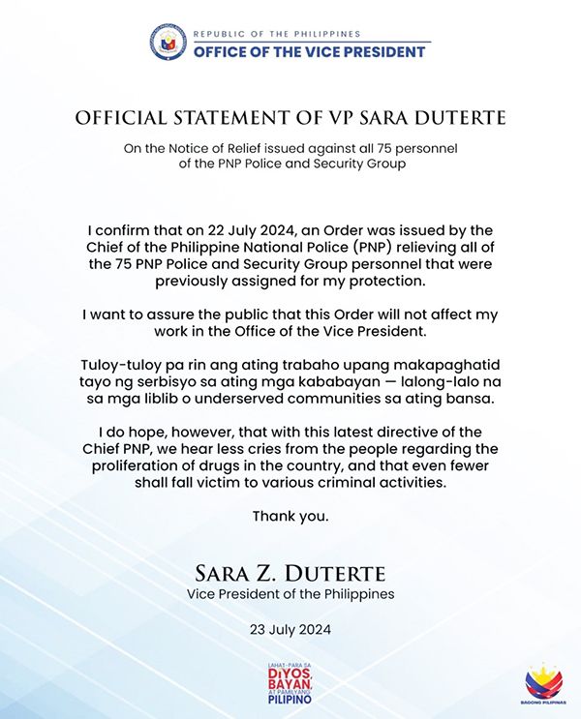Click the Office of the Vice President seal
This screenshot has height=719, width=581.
[x=168, y=43]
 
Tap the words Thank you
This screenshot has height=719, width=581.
[x=290, y=516]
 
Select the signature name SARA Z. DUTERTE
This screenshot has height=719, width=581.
[x=290, y=568]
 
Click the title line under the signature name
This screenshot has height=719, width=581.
[x=290, y=591]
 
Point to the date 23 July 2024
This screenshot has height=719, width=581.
[x=290, y=629]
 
